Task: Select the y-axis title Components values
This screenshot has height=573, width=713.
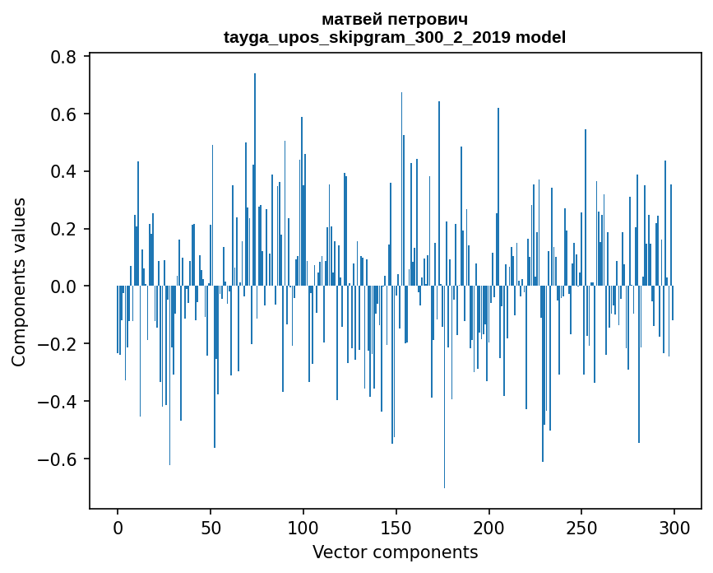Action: (19, 282)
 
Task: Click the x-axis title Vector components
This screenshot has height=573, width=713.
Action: (395, 552)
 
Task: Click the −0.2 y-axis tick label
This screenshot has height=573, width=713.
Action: (60, 344)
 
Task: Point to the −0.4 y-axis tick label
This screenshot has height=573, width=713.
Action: (60, 402)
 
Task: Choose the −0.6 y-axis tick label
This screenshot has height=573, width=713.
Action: (60, 459)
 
